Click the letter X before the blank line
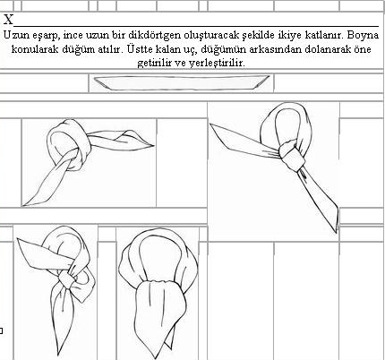tap(8, 20)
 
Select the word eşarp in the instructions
tap(49, 36)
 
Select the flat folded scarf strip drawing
tap(181, 82)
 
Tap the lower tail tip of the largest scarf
tap(337, 232)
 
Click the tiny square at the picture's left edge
tap(1, 330)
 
